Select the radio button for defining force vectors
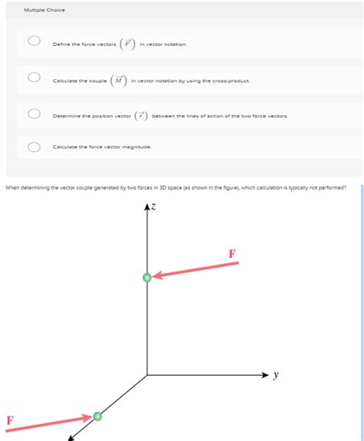click(x=34, y=41)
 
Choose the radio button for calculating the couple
click(x=34, y=77)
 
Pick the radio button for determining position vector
click(x=34, y=114)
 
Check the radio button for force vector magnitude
click(x=34, y=146)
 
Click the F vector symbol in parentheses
click(x=127, y=43)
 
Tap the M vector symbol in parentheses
click(x=119, y=79)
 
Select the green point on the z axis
click(x=147, y=277)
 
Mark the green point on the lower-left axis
click(x=98, y=416)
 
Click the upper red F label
click(x=232, y=253)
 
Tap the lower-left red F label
click(x=9, y=420)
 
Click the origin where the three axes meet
click(x=147, y=375)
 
